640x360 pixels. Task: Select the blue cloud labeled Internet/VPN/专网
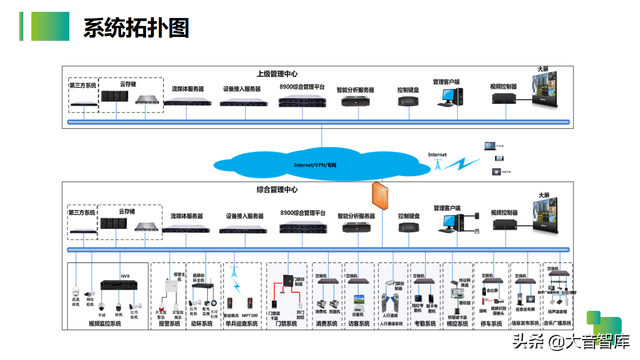click(x=315, y=163)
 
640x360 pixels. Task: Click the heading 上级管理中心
click(x=277, y=74)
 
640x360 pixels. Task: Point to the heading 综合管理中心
click(x=277, y=189)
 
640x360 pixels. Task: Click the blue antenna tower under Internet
click(x=437, y=164)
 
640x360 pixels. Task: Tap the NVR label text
click(x=125, y=276)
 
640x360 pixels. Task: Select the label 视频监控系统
click(x=105, y=323)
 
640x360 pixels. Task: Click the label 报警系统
click(x=169, y=323)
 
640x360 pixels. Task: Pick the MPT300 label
click(x=250, y=315)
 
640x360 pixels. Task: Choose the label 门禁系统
click(x=286, y=323)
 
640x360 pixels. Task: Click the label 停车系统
click(x=491, y=323)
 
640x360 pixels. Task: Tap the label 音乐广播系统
click(x=557, y=323)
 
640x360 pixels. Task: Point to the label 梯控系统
click(x=457, y=323)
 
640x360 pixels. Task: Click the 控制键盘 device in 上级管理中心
click(x=409, y=101)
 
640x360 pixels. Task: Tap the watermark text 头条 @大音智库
click(x=570, y=342)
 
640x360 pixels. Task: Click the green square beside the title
click(x=50, y=26)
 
